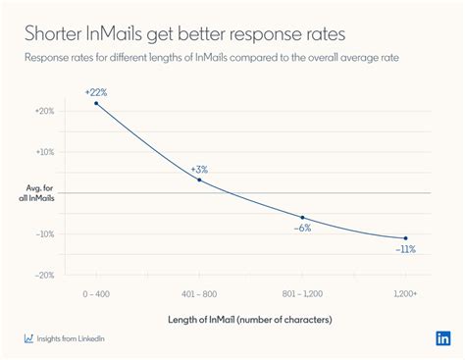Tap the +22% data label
[x=95, y=91]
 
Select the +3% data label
[x=199, y=169]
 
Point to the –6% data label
[x=302, y=228]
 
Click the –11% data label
[x=405, y=249]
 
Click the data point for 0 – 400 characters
[x=96, y=103]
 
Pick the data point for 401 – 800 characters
[x=199, y=180]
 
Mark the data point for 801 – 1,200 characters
[x=302, y=217]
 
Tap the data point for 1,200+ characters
[x=405, y=238]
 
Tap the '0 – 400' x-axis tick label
[x=96, y=292]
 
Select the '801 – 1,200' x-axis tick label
[x=302, y=292]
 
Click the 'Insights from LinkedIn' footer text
[x=72, y=338]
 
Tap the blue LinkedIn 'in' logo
[x=442, y=338]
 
